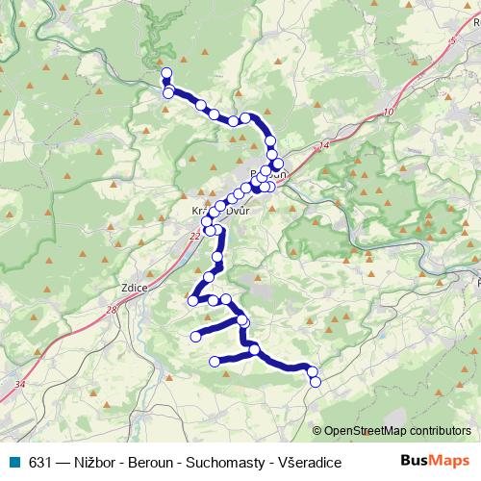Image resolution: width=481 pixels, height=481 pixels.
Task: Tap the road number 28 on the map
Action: point(112,310)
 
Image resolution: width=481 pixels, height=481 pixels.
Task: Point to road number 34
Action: point(20,384)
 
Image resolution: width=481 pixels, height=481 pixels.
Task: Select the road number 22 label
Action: point(195,235)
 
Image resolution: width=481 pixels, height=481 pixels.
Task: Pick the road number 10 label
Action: point(388,113)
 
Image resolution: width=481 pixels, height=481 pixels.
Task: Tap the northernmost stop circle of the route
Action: point(166,73)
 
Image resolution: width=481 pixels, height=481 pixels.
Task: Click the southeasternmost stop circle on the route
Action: point(315,382)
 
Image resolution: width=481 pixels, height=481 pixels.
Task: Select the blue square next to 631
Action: point(12,462)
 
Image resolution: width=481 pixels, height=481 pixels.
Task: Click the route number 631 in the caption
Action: point(40,462)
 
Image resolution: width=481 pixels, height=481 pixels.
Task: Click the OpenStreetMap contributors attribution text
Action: point(397,430)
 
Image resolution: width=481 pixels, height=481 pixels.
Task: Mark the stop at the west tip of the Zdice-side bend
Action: point(192,301)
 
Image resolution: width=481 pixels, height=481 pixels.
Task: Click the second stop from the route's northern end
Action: point(168,93)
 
